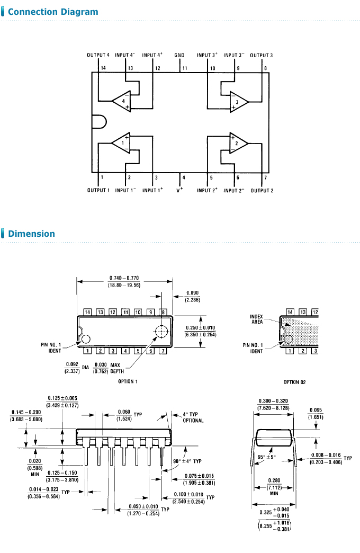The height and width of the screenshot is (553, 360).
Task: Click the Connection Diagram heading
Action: click(x=53, y=12)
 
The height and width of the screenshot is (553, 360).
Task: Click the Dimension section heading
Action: click(x=31, y=234)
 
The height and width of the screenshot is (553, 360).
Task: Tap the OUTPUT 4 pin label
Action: click(x=98, y=55)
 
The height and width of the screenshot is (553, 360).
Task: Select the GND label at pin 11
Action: click(x=179, y=55)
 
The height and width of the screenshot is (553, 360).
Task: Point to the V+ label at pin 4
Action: click(x=179, y=190)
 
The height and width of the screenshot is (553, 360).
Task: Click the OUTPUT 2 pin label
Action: click(x=262, y=190)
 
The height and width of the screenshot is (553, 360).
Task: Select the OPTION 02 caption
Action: click(x=294, y=382)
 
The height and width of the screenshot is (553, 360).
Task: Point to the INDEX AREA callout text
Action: click(x=256, y=319)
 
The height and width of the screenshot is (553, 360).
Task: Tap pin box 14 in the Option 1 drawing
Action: click(x=87, y=312)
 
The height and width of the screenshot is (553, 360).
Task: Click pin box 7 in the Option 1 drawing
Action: click(x=163, y=351)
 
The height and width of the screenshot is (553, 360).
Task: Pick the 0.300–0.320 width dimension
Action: click(x=273, y=404)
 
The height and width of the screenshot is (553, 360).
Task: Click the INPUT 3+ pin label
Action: click(x=207, y=55)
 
